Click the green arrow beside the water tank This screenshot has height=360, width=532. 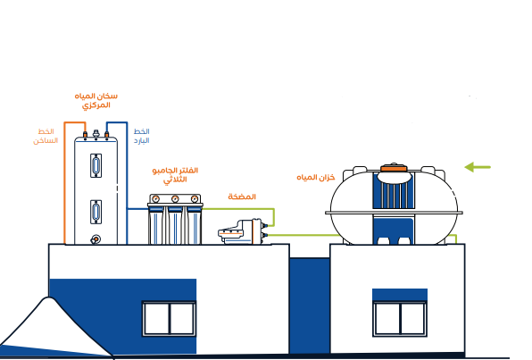click(478, 167)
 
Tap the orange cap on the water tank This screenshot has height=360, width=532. click(394, 168)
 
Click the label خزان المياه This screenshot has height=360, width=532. click(316, 177)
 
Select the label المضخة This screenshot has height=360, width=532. click(242, 197)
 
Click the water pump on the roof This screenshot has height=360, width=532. click(242, 231)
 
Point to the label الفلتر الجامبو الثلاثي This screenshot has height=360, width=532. click(175, 175)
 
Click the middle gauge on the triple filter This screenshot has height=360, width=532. click(175, 198)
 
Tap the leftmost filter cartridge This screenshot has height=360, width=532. click(155, 225)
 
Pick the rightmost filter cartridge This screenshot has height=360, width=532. click(194, 225)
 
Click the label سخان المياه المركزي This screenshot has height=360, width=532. click(96, 101)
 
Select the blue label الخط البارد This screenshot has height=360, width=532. click(142, 136)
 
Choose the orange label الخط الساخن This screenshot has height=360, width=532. click(46, 136)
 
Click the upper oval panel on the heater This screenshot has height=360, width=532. click(96, 165)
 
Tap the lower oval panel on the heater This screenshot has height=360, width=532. click(96, 212)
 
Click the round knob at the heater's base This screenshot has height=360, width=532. click(96, 239)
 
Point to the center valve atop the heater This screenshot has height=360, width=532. click(96, 134)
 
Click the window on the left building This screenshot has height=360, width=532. click(169, 319)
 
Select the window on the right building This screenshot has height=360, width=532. click(400, 319)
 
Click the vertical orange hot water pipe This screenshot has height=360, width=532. click(64, 183)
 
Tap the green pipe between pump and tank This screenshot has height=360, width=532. click(304, 235)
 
